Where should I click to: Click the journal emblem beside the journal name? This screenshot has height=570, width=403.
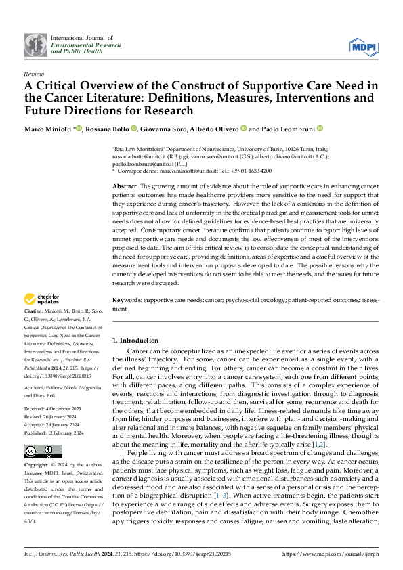coord(36,45)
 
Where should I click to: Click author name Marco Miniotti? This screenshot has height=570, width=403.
coord(47,129)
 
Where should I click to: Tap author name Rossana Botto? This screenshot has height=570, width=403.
coord(106,129)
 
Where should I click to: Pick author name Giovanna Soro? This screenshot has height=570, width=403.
coord(163,129)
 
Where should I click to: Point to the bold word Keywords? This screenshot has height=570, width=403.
coord(127,299)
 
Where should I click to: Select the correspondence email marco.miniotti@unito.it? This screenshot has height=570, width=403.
coord(191,172)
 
